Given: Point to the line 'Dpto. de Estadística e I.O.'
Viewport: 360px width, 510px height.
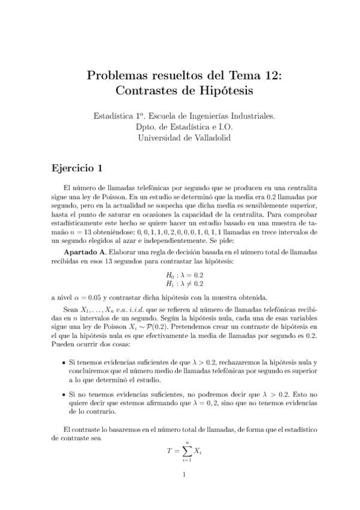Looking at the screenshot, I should (180, 126).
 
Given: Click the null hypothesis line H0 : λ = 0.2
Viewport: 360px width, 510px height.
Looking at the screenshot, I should (179, 290).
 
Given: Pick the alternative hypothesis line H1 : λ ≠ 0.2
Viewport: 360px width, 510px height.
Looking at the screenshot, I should (179, 300).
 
